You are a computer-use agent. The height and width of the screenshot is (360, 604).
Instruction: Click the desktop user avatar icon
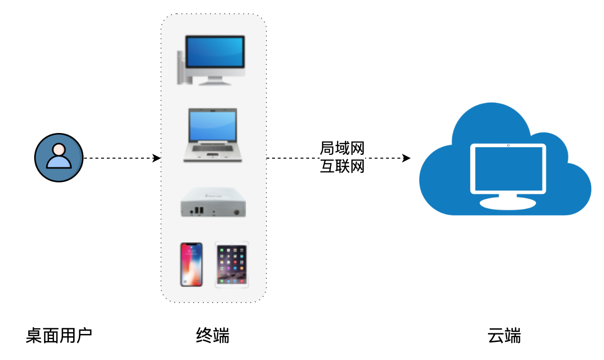coord(59,158)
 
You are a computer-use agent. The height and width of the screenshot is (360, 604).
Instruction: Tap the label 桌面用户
coord(59,335)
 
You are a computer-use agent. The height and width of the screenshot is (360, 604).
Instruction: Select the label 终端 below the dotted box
coord(213,335)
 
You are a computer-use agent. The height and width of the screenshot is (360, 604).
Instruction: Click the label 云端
coord(504,335)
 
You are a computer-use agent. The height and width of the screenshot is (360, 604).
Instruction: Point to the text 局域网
coord(342,148)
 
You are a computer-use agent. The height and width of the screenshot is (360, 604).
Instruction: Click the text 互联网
coord(342,166)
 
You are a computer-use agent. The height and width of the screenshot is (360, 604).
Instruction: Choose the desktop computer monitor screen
coord(215,52)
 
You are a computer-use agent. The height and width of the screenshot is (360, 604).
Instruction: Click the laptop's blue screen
coord(213,126)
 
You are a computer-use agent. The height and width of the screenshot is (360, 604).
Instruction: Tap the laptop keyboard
coord(213,148)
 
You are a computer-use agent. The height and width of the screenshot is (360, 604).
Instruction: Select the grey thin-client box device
coord(213,202)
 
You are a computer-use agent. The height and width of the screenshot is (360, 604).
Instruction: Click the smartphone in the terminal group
coord(191,265)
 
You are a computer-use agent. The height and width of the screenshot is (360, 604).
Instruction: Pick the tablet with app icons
coord(232,265)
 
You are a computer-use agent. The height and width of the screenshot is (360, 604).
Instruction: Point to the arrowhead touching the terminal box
coord(157,158)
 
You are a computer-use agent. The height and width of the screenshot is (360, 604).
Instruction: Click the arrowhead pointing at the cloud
coord(406,158)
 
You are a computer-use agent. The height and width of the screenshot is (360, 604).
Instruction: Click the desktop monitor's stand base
coord(215,83)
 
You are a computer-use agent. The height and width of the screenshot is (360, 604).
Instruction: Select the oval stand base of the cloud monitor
coord(508,204)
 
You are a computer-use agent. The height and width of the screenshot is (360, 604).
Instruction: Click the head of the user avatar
coord(59,150)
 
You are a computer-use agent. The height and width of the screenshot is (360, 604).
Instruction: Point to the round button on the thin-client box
coord(236,212)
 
